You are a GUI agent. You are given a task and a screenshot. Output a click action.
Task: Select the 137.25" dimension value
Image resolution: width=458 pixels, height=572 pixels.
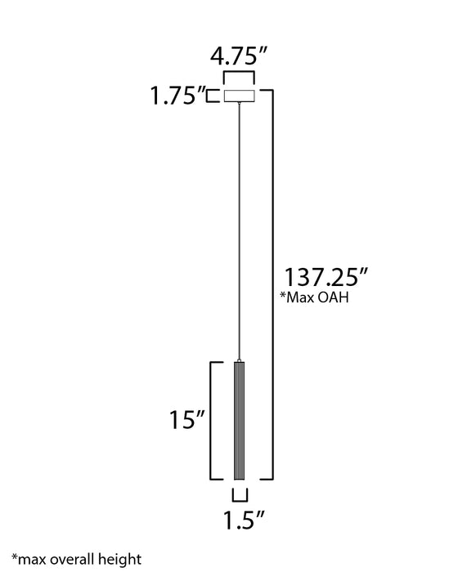tap(321, 275)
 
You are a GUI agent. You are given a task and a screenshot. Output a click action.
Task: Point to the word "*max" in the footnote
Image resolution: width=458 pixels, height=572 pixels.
tap(20, 560)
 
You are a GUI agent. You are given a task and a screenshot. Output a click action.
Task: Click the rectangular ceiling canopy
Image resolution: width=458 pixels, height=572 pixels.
tap(239, 96)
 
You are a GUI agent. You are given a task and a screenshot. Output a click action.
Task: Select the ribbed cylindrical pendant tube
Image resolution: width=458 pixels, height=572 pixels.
tap(240, 421)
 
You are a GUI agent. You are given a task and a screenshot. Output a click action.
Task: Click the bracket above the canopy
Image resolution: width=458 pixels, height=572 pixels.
tap(239, 78)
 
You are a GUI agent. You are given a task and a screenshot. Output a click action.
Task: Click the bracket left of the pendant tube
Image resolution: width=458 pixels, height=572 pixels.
tap(213, 421)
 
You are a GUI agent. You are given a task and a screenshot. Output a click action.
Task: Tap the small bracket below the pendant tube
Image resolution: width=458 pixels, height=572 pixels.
tap(240, 495)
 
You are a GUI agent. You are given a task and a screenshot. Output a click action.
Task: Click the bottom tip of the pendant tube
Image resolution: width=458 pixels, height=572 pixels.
tap(240, 480)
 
